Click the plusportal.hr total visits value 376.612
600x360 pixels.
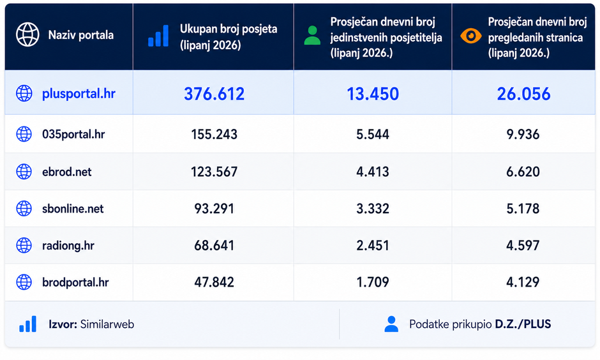pyautogui.click(x=214, y=94)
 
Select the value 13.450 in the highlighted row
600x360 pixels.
pyautogui.click(x=373, y=94)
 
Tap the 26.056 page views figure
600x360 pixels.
pyautogui.click(x=523, y=94)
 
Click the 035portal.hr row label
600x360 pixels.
pyautogui.click(x=73, y=134)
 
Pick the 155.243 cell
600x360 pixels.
pyautogui.click(x=214, y=134)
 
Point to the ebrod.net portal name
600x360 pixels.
pyautogui.click(x=66, y=172)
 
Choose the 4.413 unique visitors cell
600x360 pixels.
pyautogui.click(x=373, y=172)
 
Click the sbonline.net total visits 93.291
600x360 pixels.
pyautogui.click(x=214, y=209)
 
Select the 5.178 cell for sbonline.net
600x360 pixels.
pyautogui.click(x=523, y=209)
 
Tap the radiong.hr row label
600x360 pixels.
pyautogui.click(x=68, y=246)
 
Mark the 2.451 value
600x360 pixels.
pyautogui.click(x=373, y=245)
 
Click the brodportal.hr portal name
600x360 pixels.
pyautogui.click(x=75, y=282)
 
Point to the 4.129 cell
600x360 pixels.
pyautogui.click(x=523, y=282)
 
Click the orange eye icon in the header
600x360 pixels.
pyautogui.click(x=471, y=36)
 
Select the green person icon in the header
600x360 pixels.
pyautogui.click(x=312, y=36)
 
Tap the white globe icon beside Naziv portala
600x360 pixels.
pyautogui.click(x=27, y=35)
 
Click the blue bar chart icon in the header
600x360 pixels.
pyautogui.click(x=158, y=36)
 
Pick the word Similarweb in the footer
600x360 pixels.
pyautogui.click(x=112, y=324)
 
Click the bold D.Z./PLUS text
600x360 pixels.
pyautogui.click(x=523, y=324)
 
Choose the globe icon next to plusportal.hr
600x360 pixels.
pyautogui.click(x=24, y=94)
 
